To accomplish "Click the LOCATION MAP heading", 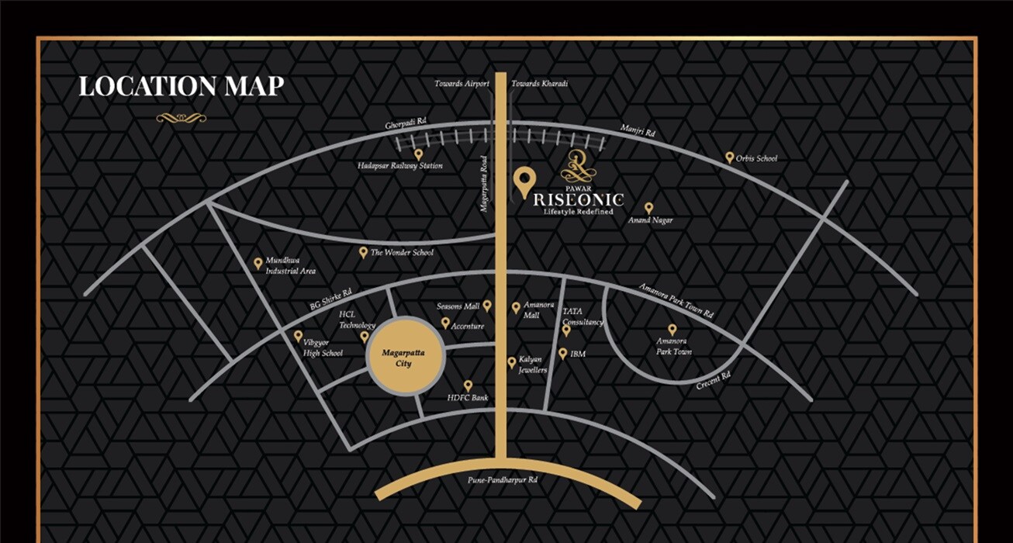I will click(182, 86).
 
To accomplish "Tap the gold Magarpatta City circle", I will click(405, 358).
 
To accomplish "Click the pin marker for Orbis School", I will click(729, 157).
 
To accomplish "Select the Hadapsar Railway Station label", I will click(400, 166).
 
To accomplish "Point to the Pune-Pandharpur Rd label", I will click(503, 480).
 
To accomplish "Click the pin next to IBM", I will click(563, 354).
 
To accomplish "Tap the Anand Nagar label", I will click(651, 220).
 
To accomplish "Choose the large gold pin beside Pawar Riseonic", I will click(524, 182).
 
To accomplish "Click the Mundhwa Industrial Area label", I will click(290, 266).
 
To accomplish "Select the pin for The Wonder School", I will click(363, 252).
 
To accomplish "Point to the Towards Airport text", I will click(462, 84).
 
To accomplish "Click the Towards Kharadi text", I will click(540, 84).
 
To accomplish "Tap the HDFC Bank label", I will click(468, 398).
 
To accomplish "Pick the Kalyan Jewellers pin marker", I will click(512, 362).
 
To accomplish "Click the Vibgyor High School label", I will click(323, 348).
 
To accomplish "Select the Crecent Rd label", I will click(714, 380).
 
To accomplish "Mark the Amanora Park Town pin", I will click(672, 330).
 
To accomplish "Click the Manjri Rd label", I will click(638, 131).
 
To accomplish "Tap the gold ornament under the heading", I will click(182, 118).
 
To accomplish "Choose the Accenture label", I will click(468, 326).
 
